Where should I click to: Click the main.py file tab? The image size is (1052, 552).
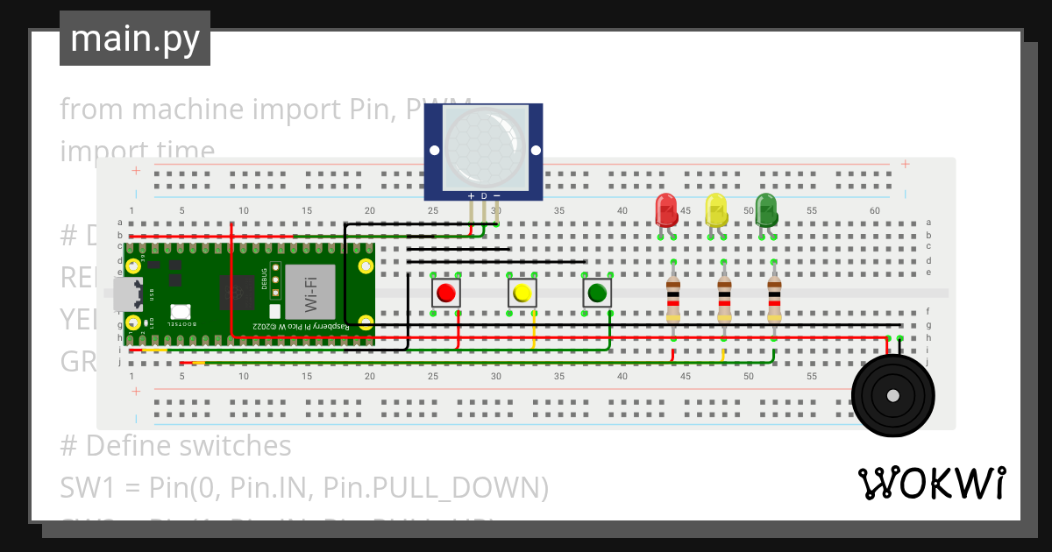(134, 39)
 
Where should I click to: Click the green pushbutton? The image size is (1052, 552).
(597, 293)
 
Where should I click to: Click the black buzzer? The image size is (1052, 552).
(892, 394)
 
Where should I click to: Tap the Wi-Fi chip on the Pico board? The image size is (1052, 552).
(310, 291)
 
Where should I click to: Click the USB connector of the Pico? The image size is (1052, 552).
(129, 294)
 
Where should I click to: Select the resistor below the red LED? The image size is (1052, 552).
(672, 299)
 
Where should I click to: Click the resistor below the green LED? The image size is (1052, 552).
(773, 299)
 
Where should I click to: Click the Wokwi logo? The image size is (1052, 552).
(931, 484)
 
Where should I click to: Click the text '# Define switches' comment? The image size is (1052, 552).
(175, 446)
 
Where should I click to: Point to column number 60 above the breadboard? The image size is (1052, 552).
(874, 210)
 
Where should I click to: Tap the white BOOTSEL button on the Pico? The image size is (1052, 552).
(181, 311)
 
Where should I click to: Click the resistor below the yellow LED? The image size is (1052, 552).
(723, 299)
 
